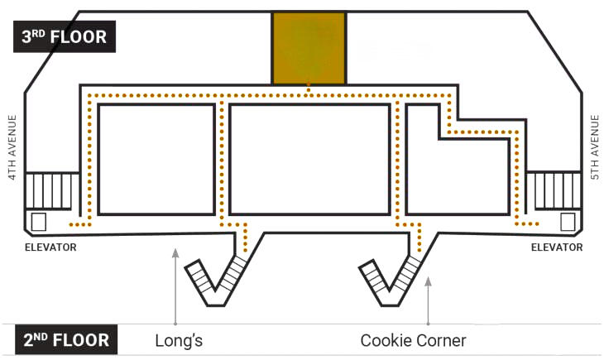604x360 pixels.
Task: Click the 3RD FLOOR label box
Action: [x=65, y=38]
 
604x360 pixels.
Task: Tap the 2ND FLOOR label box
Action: [x=65, y=340]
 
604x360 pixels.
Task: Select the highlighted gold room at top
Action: [x=309, y=48]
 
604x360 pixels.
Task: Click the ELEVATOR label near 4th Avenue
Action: [x=50, y=247]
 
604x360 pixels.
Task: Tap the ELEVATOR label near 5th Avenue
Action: [x=556, y=247]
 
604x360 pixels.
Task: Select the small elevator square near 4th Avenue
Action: [x=38, y=222]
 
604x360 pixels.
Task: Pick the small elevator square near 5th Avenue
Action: [x=568, y=222]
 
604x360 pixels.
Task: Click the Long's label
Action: [x=179, y=340]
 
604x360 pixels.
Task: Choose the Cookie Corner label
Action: [x=413, y=340]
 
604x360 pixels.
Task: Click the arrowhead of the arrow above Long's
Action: [x=175, y=252]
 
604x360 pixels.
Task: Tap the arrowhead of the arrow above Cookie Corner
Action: [x=428, y=281]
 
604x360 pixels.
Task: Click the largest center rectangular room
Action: [x=309, y=158]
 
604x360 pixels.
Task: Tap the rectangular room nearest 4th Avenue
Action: [x=156, y=158]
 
